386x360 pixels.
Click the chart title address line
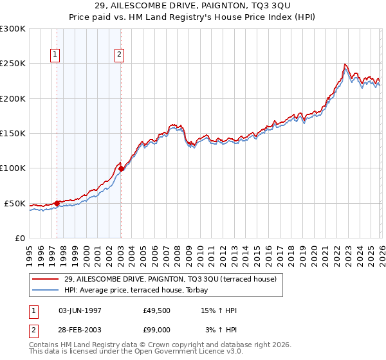[193, 6]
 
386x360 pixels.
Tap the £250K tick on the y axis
[13, 64]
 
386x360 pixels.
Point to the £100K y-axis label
[13, 168]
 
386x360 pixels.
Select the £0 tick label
[20, 238]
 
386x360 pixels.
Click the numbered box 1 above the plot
[56, 55]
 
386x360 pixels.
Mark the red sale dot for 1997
[57, 203]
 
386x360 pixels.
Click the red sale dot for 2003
[122, 169]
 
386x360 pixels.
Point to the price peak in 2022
[345, 64]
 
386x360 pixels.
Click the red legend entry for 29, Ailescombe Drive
[170, 278]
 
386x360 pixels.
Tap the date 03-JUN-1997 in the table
[80, 310]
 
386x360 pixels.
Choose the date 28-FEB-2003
[80, 330]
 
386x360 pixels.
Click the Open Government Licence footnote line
[136, 352]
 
